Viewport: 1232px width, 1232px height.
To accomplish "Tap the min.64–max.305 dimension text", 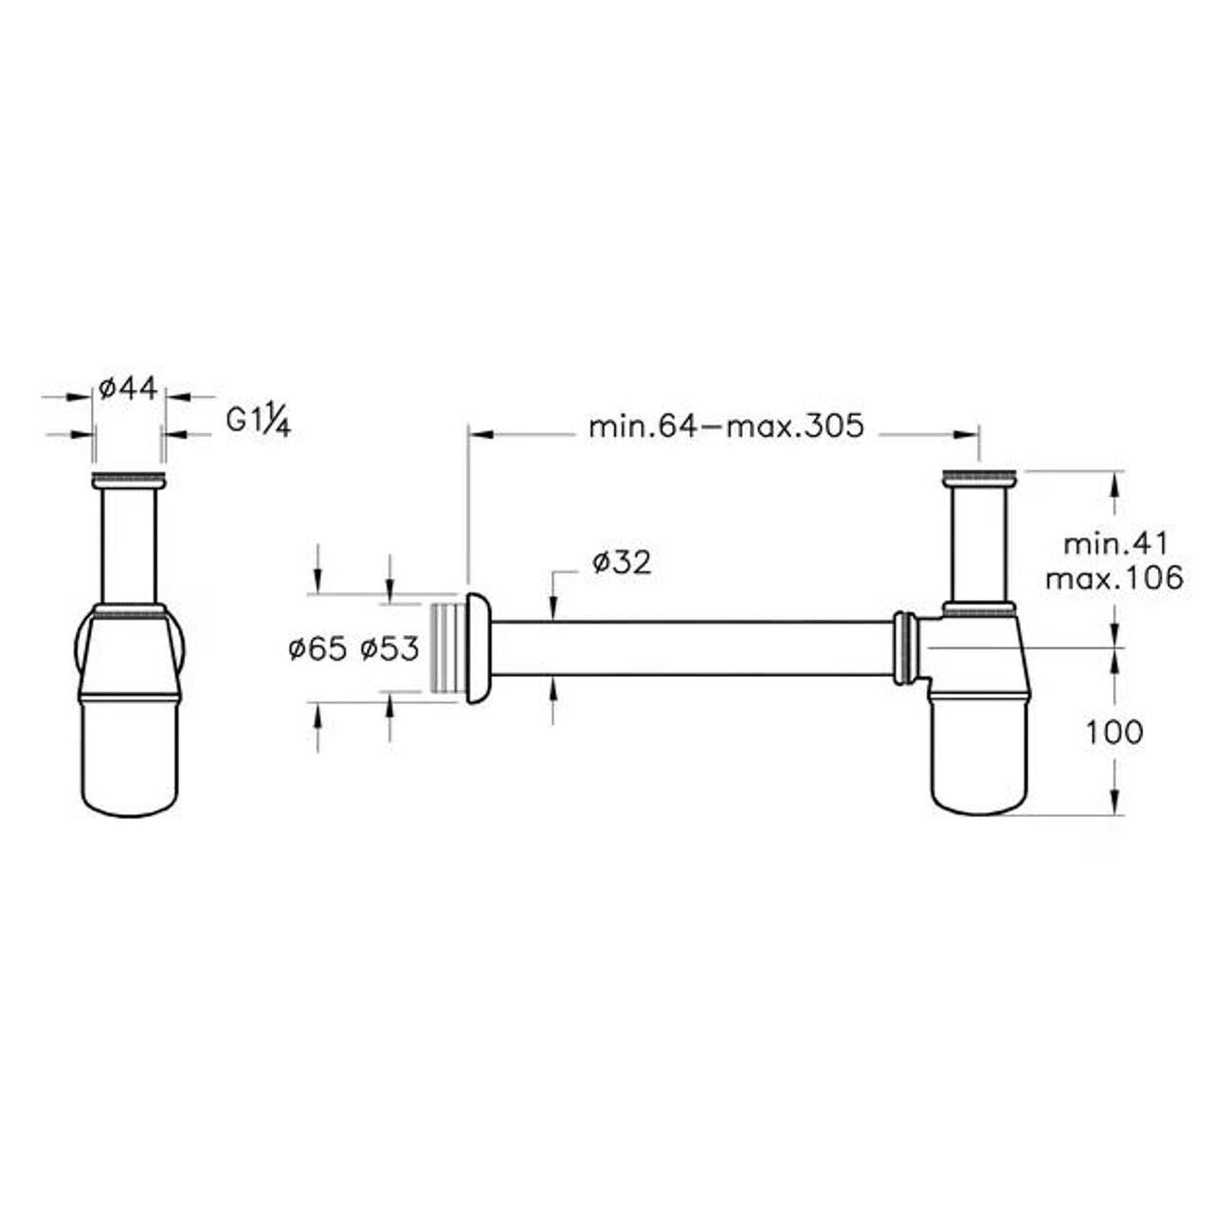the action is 726,426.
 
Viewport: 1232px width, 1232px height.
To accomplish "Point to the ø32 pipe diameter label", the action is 622,562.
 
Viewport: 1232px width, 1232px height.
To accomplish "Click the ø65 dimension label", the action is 317,649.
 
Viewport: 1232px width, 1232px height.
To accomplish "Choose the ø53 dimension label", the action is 390,649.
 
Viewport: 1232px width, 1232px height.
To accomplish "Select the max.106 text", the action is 1115,579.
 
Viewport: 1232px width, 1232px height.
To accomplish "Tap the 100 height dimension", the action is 1114,732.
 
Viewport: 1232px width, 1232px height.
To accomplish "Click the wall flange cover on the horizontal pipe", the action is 479,648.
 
